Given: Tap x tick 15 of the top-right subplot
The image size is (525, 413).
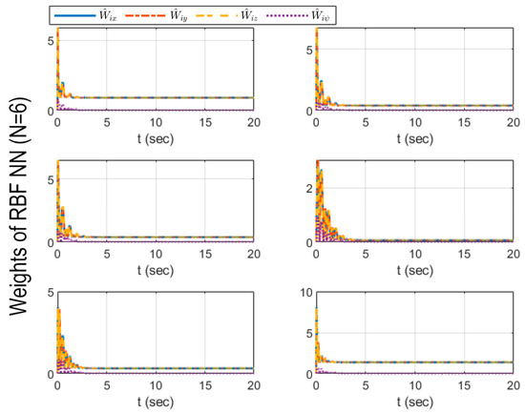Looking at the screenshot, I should tap(464, 121).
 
